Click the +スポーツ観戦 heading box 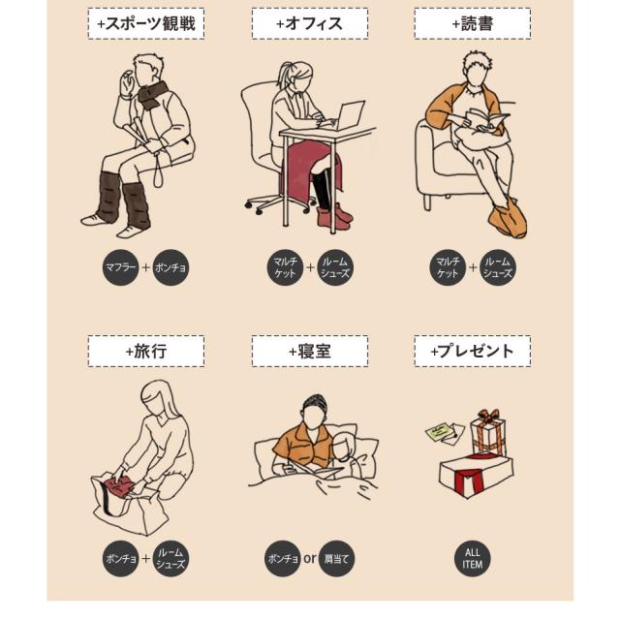(x=146, y=23)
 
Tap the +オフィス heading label (x=310, y=23)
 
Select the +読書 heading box (x=473, y=23)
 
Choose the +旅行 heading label (x=146, y=351)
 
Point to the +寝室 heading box (x=310, y=351)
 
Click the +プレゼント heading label (x=473, y=351)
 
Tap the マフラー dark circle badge (x=120, y=267)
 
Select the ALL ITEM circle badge (x=473, y=558)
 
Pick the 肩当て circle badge (x=336, y=558)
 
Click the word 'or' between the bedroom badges (x=310, y=558)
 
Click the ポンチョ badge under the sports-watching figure (x=170, y=267)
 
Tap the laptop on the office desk (x=348, y=115)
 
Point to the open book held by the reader (x=485, y=120)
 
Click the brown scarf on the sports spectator (x=152, y=94)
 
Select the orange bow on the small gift (x=488, y=416)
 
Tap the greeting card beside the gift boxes (x=445, y=433)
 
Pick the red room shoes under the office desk (x=334, y=216)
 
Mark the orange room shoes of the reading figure (x=508, y=219)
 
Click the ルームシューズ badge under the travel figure (x=170, y=558)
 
